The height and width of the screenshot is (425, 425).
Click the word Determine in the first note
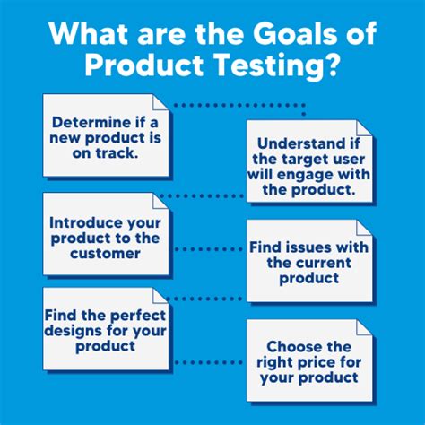click(x=91, y=122)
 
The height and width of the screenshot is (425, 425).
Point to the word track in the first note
click(x=115, y=153)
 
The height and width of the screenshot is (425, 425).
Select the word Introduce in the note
click(x=85, y=223)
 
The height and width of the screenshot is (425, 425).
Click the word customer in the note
click(x=105, y=254)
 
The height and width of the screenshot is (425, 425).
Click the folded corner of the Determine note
click(x=160, y=103)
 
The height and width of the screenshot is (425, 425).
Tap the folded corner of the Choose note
click(x=363, y=328)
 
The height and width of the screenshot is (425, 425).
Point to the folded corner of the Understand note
click(x=363, y=128)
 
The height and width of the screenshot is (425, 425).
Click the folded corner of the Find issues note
click(x=363, y=228)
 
